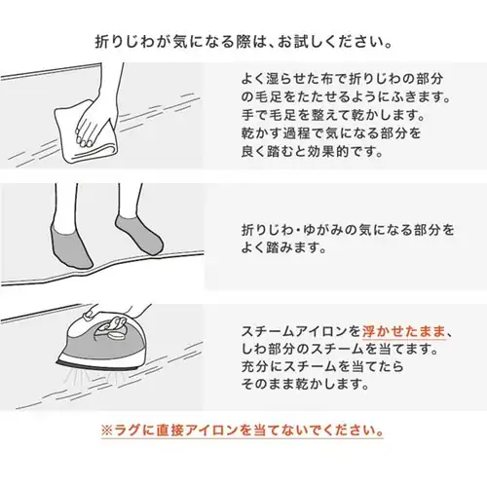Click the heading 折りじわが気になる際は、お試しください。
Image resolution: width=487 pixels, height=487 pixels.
243,44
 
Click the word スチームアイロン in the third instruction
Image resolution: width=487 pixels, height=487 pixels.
300,330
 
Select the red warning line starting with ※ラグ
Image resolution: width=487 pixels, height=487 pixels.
243,430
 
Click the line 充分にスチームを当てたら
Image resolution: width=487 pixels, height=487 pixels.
322,366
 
